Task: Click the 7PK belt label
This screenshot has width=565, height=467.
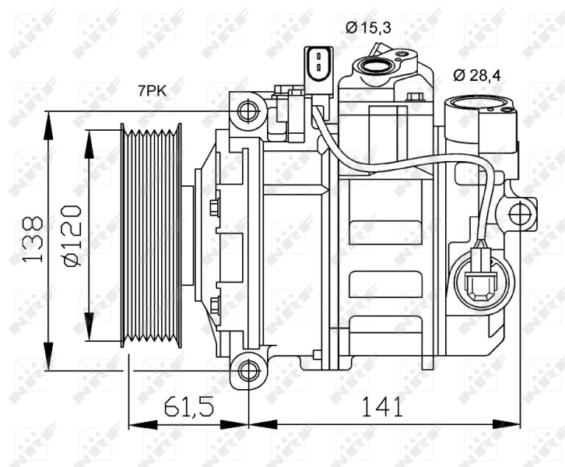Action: coord(152,90)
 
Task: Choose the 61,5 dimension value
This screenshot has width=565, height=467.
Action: coord(188,406)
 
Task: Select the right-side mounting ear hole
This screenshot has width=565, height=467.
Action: coord(519,212)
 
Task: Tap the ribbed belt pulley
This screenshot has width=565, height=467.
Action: coord(151,234)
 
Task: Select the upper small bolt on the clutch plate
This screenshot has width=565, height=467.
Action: coord(215,206)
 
